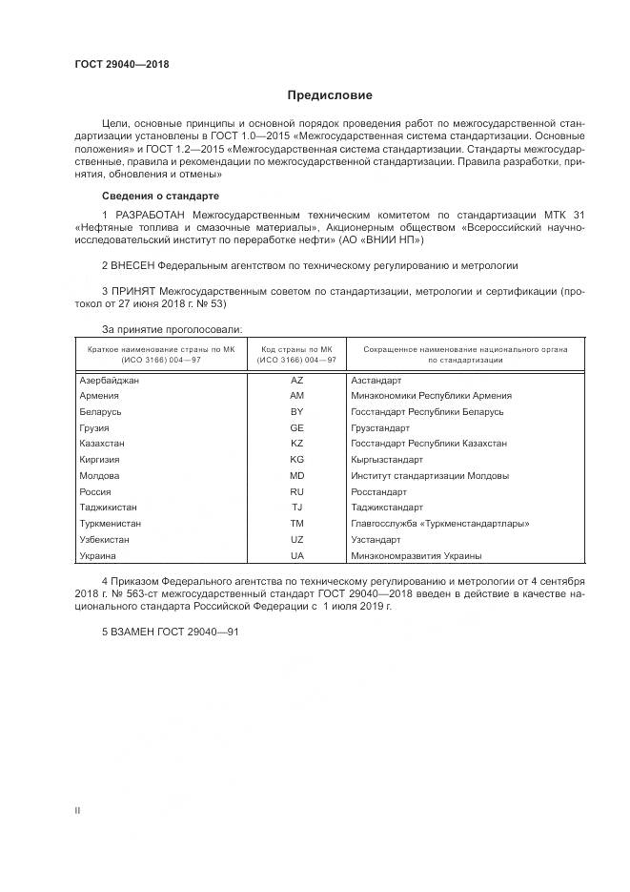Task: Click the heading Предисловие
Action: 330,95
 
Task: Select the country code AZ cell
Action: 296,380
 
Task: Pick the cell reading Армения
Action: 100,395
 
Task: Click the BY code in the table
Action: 296,411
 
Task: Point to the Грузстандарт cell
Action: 379,427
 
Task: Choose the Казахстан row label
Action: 103,444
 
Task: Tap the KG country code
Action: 296,460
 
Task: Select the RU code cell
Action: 296,491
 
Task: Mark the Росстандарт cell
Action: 378,491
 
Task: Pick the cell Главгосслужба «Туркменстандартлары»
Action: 439,524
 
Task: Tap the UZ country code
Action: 296,539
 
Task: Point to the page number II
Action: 77,810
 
